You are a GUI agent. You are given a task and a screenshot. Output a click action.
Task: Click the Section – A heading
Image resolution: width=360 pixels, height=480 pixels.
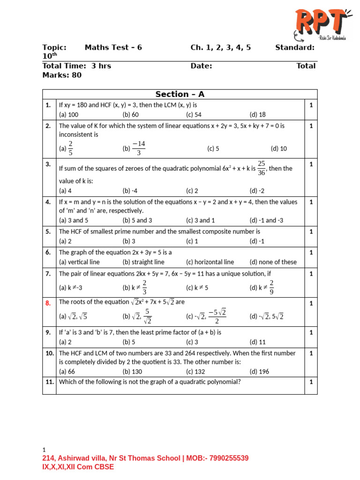(x=180, y=94)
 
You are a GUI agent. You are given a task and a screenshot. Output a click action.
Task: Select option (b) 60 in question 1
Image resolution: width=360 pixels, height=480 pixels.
(x=131, y=114)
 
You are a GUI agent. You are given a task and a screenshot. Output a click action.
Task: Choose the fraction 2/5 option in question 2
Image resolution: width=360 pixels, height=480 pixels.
(x=67, y=148)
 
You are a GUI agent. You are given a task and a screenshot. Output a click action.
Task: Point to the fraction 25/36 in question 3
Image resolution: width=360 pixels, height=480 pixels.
(x=262, y=168)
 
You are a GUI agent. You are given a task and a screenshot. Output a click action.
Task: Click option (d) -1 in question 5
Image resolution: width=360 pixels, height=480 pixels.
(x=257, y=241)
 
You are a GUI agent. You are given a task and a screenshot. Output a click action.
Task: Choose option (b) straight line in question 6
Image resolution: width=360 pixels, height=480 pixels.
(x=143, y=262)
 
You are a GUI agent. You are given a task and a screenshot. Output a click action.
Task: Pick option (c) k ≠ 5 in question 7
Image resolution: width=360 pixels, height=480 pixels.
(x=197, y=287)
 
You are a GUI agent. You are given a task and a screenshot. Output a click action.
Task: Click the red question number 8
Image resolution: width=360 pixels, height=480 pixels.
(x=48, y=303)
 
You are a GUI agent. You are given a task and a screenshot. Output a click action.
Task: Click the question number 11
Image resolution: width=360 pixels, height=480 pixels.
(x=49, y=382)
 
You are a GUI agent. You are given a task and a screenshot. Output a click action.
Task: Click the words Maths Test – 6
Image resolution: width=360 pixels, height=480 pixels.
(x=113, y=47)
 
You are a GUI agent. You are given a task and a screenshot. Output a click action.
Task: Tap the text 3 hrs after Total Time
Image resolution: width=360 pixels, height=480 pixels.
(x=101, y=66)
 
